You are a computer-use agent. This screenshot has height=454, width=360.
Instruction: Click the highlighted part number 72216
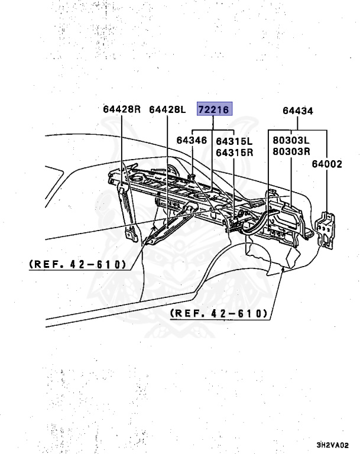click(215, 109)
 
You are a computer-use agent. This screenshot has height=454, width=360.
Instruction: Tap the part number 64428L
click(167, 109)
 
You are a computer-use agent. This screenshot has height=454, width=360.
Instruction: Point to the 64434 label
click(297, 111)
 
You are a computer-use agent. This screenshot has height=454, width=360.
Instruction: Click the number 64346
click(192, 141)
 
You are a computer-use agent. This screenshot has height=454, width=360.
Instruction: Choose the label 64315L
click(234, 141)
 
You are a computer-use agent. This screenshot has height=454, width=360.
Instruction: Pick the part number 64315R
click(234, 152)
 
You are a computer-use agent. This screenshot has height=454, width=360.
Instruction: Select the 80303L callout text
click(291, 141)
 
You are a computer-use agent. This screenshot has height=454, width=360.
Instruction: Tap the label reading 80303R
click(291, 152)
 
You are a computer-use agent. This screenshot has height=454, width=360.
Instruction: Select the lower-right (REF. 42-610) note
click(219, 313)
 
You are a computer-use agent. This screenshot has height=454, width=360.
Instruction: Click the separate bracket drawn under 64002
click(325, 229)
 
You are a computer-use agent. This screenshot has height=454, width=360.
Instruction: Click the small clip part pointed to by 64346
click(193, 176)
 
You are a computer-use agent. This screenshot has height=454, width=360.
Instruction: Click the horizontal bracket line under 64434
click(297, 130)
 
